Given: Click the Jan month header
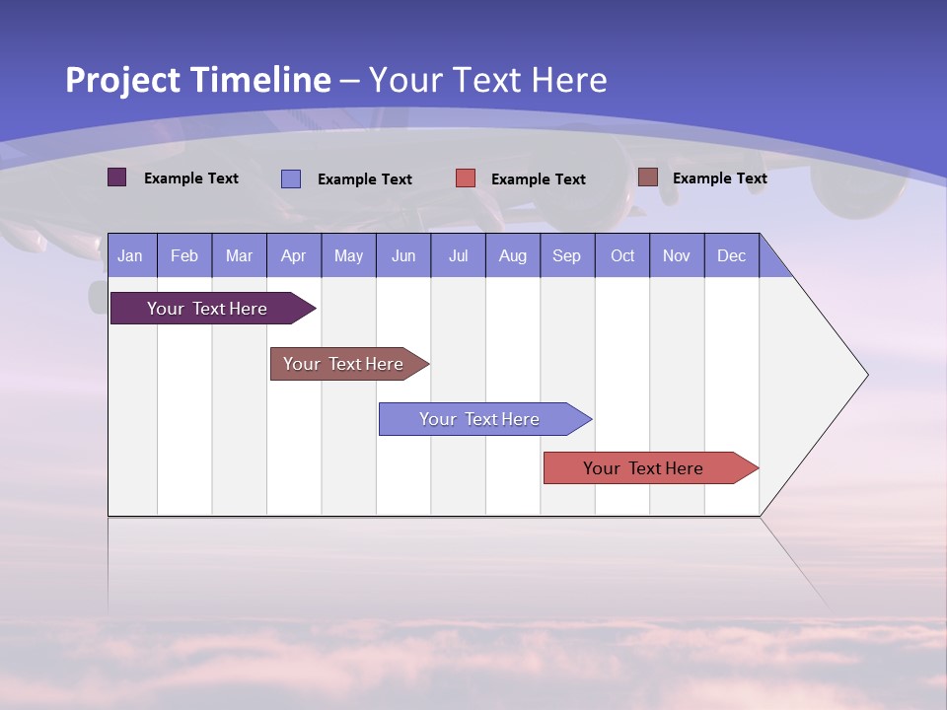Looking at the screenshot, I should coord(130,256).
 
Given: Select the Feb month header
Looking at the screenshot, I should coord(184,256).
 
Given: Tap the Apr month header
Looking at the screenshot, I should coord(293,256).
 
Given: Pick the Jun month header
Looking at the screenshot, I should coord(403,256).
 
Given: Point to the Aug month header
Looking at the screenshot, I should coord(512,256).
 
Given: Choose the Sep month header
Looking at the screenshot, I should coord(566,256).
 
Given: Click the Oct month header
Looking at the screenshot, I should coord(622,256).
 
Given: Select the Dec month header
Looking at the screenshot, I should coord(731,256).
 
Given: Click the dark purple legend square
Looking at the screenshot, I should coord(117,177).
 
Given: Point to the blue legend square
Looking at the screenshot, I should coord(291,178).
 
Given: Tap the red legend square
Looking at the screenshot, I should coord(466,178).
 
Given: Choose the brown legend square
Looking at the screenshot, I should coord(648,177).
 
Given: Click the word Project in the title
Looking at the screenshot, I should coord(122,80).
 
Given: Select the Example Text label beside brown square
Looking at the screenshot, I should coord(719,178).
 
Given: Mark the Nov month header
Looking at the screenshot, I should coord(677,256).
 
